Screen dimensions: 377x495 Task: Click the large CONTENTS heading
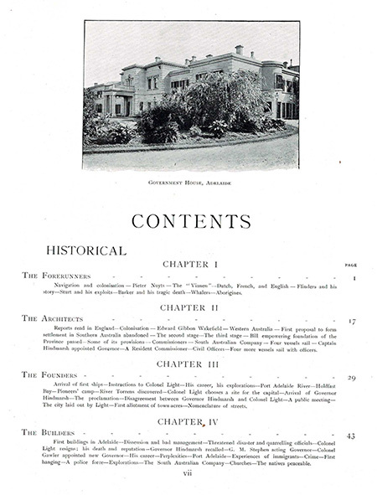190,222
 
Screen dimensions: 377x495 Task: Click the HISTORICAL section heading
85,250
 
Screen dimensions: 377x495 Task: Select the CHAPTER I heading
191,265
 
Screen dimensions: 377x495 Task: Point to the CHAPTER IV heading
191,421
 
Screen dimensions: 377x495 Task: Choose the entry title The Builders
49,433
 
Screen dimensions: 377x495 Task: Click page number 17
352,321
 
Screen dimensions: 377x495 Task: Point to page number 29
352,378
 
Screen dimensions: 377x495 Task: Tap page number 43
351,435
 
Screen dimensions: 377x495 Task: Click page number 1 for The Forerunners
354,277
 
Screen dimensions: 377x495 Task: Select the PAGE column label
351,265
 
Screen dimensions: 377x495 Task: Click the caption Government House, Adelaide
191,181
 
